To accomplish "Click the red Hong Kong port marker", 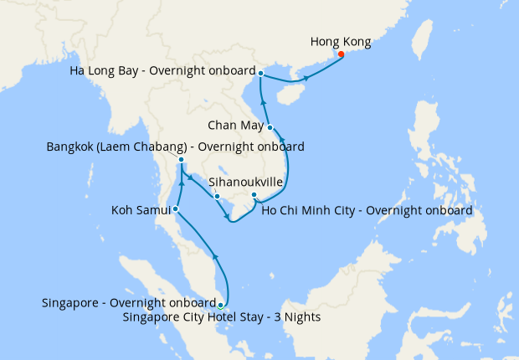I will [x=341, y=55].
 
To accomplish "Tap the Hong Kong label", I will [x=340, y=41].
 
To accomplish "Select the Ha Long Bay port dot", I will [x=261, y=74].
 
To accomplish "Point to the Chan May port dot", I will [x=270, y=127].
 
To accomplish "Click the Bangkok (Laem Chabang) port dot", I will [x=182, y=159].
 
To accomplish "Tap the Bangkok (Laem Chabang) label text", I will [x=175, y=147].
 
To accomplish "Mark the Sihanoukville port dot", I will [x=217, y=198].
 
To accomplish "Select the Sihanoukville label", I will [x=244, y=180].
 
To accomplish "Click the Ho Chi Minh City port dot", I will [x=254, y=196].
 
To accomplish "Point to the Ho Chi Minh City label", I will [x=367, y=210].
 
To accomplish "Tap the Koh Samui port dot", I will [x=175, y=208].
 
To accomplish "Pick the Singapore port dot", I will [x=220, y=306].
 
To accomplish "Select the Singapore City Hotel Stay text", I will [x=221, y=317].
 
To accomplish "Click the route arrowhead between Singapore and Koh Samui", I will [x=216, y=256].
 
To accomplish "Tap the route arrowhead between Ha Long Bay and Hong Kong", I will [x=306, y=78].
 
